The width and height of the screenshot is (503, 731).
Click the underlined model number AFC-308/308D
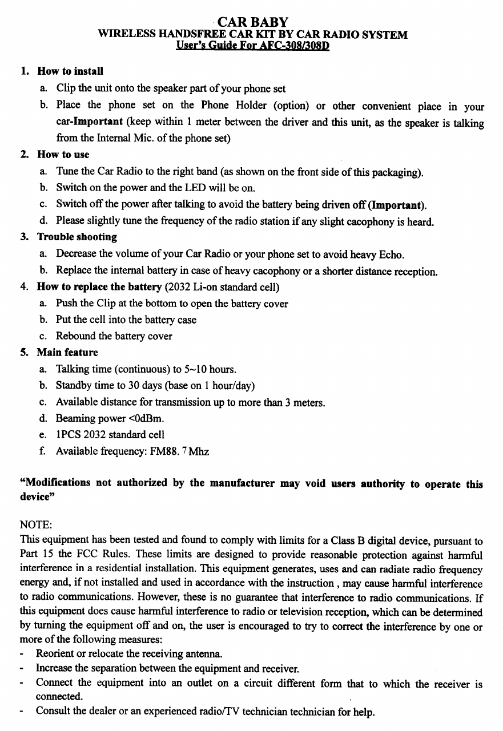pos(292,46)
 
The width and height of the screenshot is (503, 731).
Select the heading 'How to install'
pos(70,71)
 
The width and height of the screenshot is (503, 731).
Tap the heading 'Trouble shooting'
pos(77,237)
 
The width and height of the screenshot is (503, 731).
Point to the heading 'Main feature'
pos(67,353)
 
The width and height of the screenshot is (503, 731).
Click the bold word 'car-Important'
pos(89,122)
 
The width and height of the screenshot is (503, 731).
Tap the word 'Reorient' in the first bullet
pos(56,653)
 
